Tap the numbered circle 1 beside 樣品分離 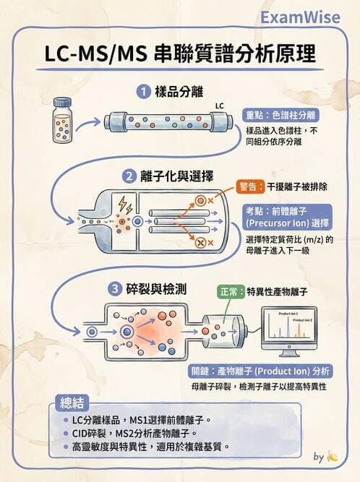point(143,92)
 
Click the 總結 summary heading point(70,403)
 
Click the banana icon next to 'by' point(332,457)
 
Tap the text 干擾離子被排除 point(297,186)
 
